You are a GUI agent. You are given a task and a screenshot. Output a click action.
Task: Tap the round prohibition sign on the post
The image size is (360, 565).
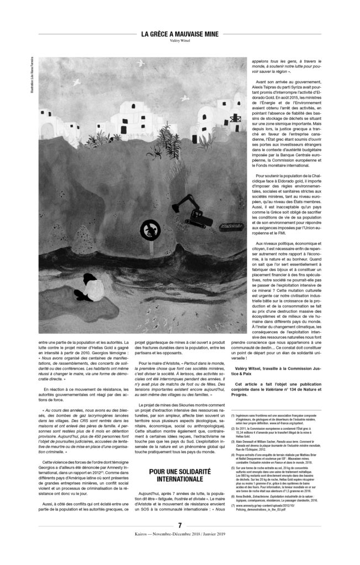149,230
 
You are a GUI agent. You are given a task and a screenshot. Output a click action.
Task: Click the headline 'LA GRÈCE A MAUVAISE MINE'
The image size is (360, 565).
179,34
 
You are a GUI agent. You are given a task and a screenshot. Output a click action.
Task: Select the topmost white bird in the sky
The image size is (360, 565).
145,62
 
